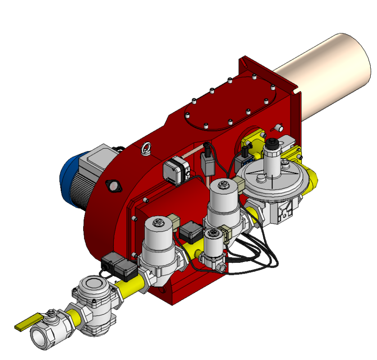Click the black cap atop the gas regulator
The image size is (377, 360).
[x=272, y=144]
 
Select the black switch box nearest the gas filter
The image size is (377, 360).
[x=120, y=265]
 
